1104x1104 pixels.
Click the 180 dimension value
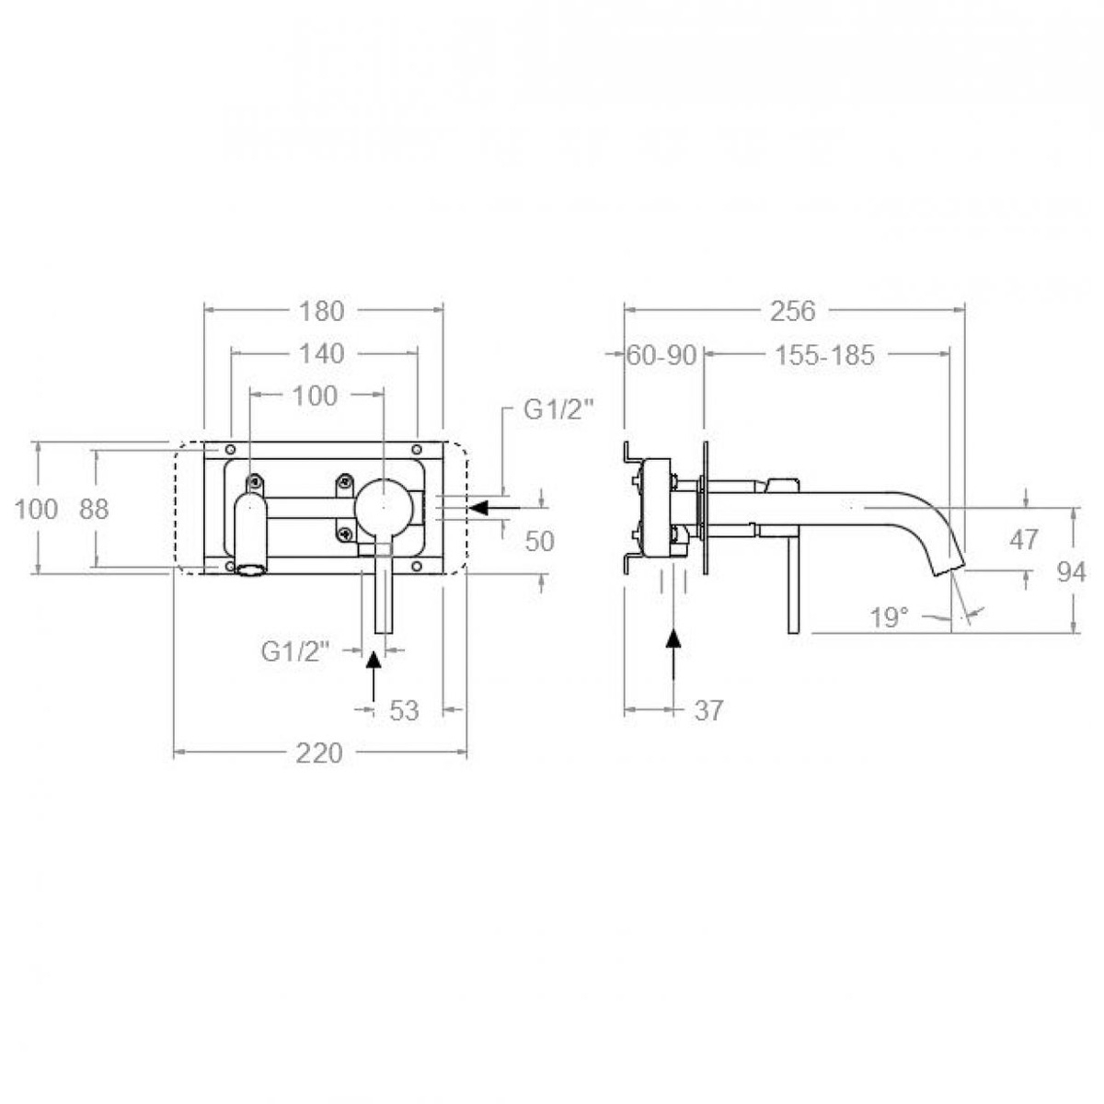point(322,311)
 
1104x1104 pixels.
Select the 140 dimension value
point(322,353)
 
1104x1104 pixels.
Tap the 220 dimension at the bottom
point(319,753)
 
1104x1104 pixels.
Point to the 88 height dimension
point(94,509)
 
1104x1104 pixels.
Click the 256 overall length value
point(793,311)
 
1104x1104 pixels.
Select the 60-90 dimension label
point(661,355)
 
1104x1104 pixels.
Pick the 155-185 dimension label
point(824,355)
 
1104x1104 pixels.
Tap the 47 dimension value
point(1024,540)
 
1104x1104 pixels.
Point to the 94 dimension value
point(1071,572)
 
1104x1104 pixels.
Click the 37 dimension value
point(708,710)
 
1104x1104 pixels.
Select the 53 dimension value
point(405,710)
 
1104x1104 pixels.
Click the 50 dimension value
point(540,542)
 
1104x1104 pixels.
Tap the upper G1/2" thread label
point(558,411)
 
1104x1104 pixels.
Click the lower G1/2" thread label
point(295,651)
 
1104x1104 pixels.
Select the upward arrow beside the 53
point(373,676)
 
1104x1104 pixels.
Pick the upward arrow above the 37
point(674,655)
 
